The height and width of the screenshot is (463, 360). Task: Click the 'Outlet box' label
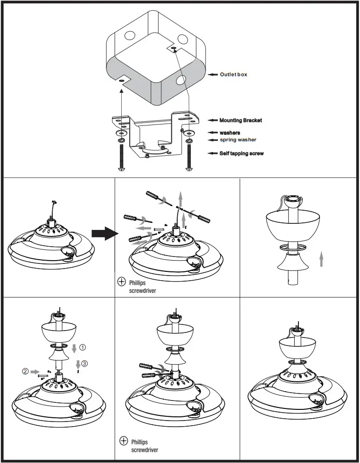click(234, 75)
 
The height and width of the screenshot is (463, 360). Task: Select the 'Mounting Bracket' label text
click(241, 120)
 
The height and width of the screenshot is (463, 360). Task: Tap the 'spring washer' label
click(238, 140)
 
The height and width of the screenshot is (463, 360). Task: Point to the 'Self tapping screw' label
click(241, 153)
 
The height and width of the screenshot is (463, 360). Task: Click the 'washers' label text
click(230, 133)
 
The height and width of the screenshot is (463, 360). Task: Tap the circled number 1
click(83, 347)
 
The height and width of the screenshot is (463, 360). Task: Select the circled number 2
click(25, 372)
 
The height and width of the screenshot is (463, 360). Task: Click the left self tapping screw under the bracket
click(122, 158)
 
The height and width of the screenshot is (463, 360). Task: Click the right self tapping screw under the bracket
click(189, 158)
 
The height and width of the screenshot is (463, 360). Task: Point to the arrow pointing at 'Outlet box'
click(213, 75)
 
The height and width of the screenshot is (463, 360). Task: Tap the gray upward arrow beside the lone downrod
click(321, 258)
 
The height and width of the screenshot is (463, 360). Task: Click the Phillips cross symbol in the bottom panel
click(124, 441)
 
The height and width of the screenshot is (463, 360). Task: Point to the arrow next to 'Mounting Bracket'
click(213, 120)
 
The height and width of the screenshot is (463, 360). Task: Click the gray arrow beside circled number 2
click(35, 372)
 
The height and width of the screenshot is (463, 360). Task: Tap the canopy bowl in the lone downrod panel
click(290, 224)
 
